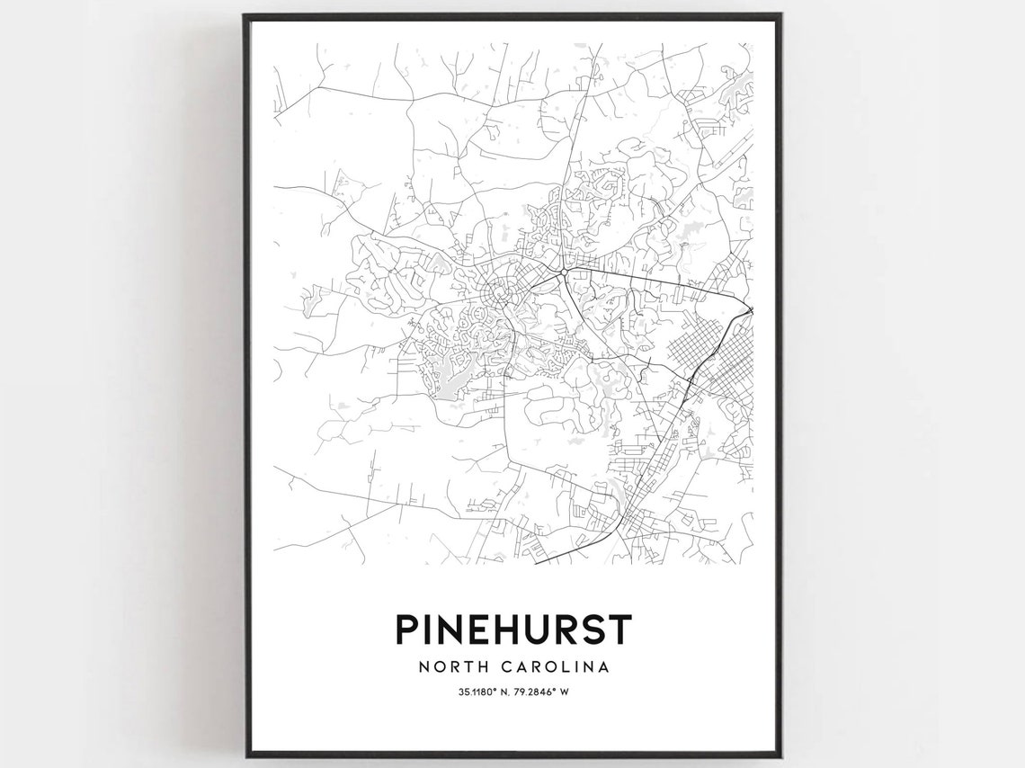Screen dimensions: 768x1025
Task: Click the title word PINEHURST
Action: click(x=512, y=629)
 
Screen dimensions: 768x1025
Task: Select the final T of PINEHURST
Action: click(x=620, y=629)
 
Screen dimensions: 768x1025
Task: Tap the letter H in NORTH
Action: click(x=485, y=667)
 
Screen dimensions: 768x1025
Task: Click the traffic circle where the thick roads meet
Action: click(x=563, y=272)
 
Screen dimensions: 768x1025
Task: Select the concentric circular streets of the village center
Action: click(x=499, y=292)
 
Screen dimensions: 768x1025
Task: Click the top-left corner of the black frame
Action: click(x=245, y=15)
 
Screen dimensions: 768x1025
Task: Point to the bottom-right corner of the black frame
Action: click(x=780, y=755)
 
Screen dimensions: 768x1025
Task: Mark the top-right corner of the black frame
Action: click(x=780, y=15)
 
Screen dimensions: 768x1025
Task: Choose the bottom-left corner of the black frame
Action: click(x=245, y=755)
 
